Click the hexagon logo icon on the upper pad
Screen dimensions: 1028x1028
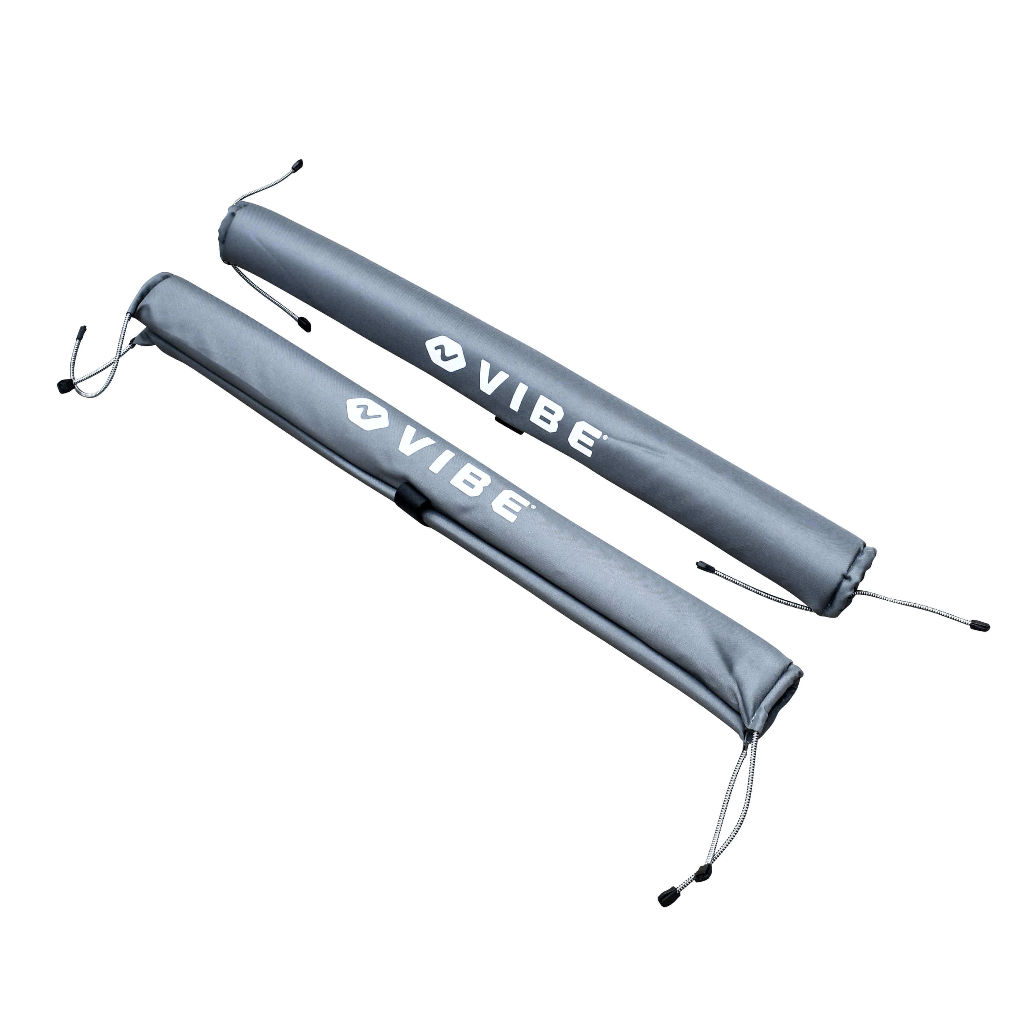[444, 352]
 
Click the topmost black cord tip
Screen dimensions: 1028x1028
[298, 164]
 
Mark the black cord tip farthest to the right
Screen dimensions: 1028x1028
[981, 626]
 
